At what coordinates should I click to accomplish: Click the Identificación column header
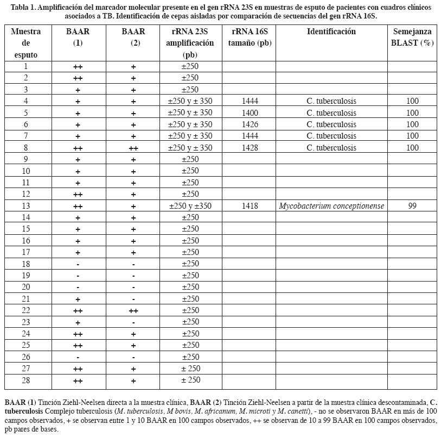(331, 32)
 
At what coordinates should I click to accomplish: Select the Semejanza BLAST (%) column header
(412, 37)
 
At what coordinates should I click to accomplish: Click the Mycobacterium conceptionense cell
(331, 206)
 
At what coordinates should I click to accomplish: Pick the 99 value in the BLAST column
(412, 206)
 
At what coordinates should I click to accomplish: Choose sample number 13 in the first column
(26, 206)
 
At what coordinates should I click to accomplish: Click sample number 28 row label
(26, 380)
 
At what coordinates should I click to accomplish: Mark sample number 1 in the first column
(26, 66)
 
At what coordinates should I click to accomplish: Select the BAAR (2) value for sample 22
(133, 310)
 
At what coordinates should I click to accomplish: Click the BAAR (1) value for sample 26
(78, 357)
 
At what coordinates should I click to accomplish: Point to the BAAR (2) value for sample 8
(133, 148)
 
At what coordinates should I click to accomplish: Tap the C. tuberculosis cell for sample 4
(331, 102)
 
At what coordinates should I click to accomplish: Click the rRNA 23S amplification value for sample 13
(190, 206)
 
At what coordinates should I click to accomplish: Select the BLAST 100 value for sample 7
(412, 136)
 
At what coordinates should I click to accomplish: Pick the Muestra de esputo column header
(26, 43)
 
